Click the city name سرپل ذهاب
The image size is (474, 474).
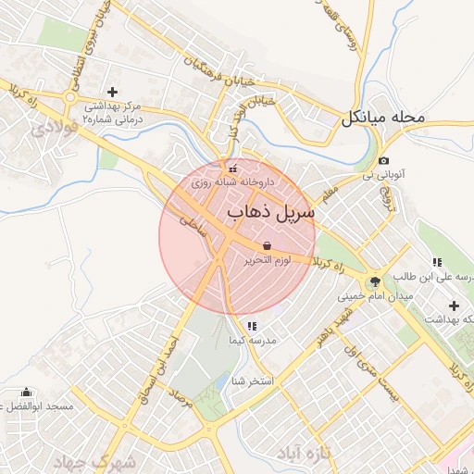click(x=270, y=211)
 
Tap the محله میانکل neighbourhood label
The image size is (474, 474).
click(x=382, y=118)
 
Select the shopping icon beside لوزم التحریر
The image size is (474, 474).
click(x=267, y=246)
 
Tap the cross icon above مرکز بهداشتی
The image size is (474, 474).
click(x=113, y=92)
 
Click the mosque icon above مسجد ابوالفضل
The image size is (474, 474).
click(x=25, y=393)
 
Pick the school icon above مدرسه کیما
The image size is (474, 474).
click(x=251, y=326)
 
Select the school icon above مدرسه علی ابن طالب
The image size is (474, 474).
click(x=436, y=262)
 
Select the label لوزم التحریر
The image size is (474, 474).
click(x=266, y=262)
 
